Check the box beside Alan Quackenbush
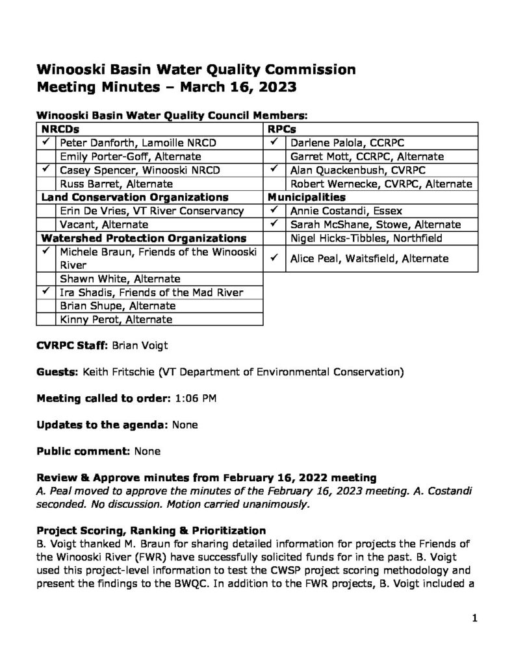[x=275, y=169]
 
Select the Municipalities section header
[x=303, y=197]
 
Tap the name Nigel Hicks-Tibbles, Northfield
[x=365, y=238]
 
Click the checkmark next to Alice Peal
[x=275, y=258]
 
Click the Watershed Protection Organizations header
[x=144, y=238]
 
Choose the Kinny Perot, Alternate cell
[x=116, y=319]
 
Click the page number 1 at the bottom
[x=475, y=619]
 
